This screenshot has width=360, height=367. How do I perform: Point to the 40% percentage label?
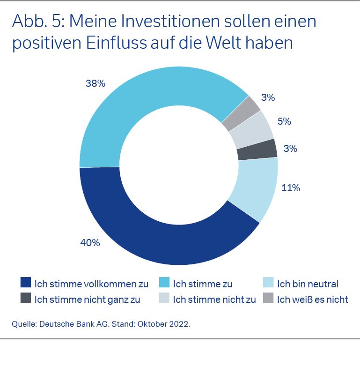point(90,243)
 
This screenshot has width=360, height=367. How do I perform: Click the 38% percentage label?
point(96,83)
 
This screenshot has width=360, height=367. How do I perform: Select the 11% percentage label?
point(290,188)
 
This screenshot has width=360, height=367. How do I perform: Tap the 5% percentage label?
point(284,121)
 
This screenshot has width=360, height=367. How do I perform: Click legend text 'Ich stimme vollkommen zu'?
point(91,284)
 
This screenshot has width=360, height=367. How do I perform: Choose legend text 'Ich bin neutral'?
point(308,284)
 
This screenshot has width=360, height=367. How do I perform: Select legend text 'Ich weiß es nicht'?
point(313,299)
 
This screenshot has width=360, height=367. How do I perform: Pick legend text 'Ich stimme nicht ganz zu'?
point(87,299)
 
